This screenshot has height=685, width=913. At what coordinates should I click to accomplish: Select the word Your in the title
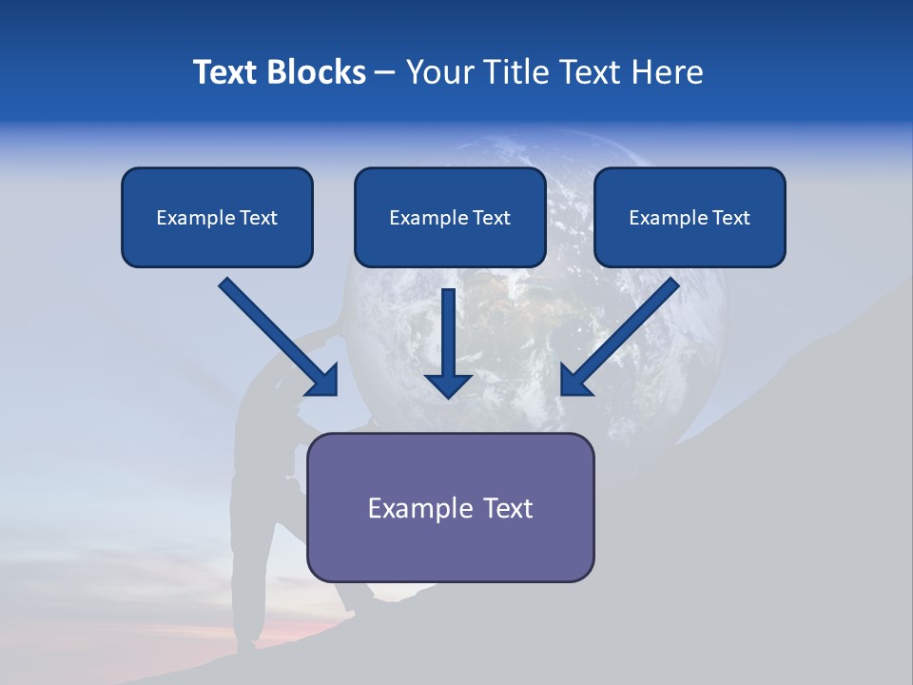[440, 72]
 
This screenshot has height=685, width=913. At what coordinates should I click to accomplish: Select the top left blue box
[217, 217]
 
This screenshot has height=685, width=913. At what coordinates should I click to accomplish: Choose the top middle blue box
[450, 217]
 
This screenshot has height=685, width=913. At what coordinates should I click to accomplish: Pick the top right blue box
[690, 217]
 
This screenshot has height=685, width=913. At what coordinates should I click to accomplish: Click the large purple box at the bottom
[450, 507]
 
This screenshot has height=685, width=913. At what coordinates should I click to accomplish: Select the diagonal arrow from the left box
[276, 334]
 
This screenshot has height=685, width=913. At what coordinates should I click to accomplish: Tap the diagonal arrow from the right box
[622, 334]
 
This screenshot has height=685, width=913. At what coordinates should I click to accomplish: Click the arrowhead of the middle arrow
[449, 384]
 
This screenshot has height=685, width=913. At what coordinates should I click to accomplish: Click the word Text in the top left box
[259, 218]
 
